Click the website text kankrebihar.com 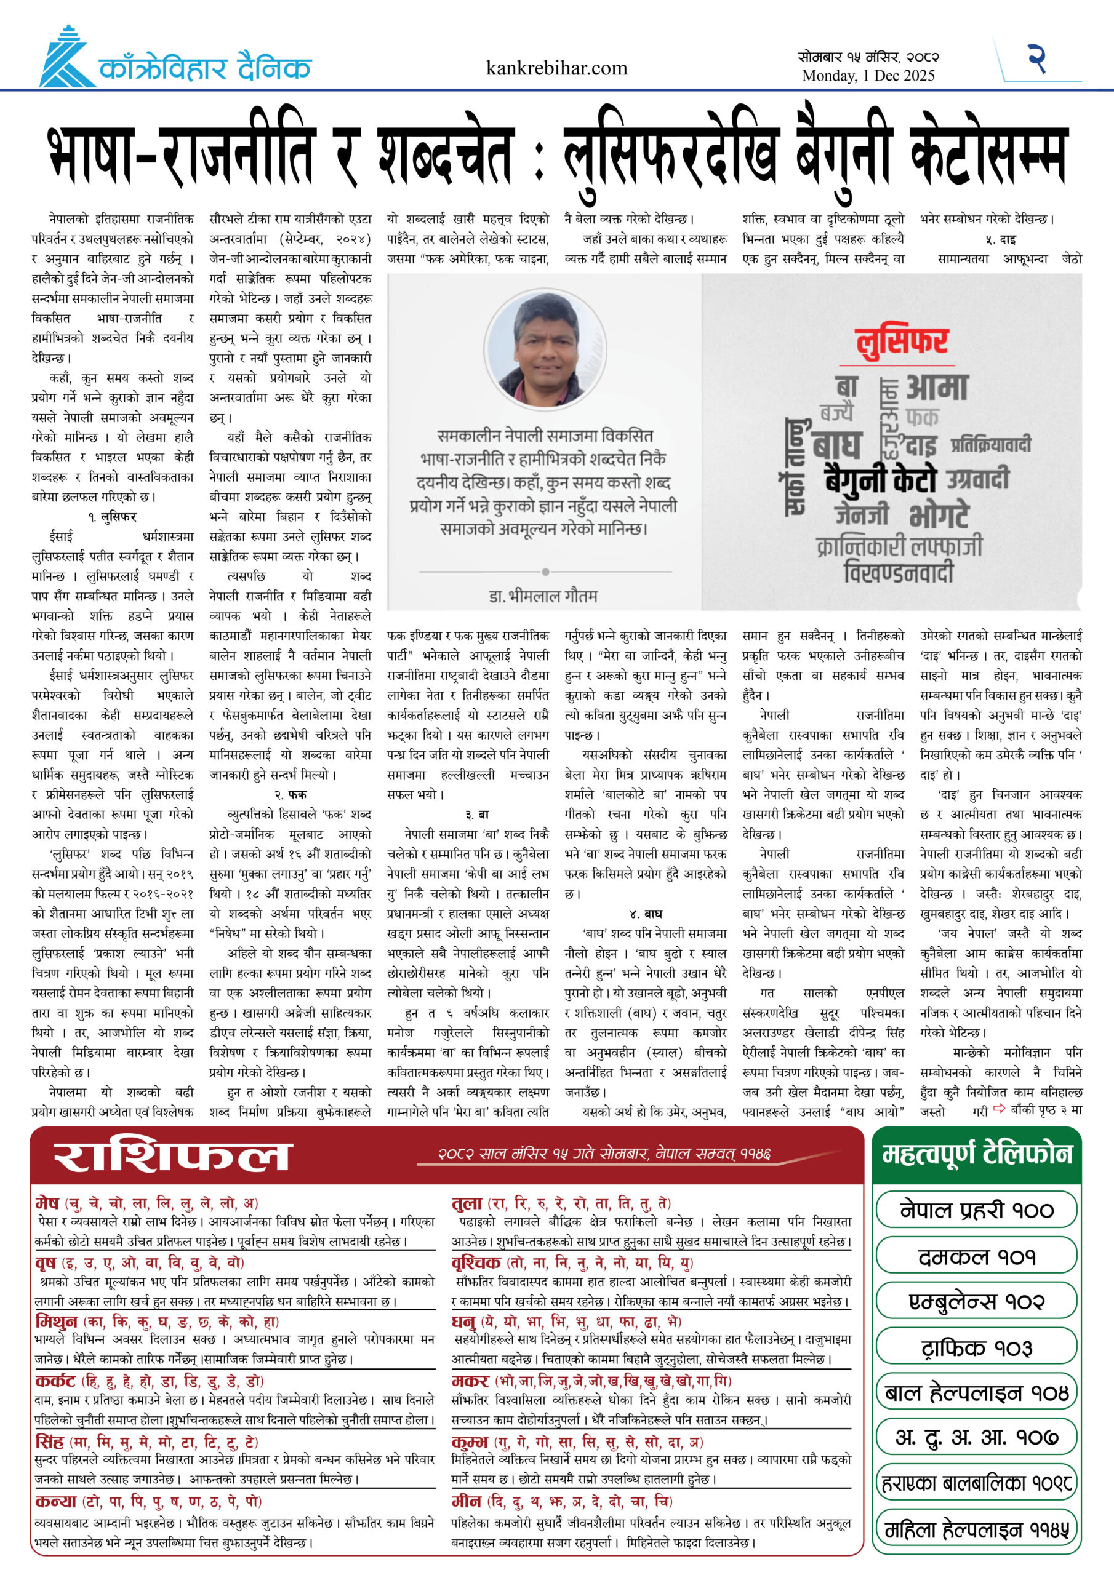coord(556,68)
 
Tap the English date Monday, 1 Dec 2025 coord(868,76)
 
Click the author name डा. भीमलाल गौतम coord(543,596)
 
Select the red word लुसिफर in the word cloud coord(901,341)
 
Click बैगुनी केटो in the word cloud coord(882,479)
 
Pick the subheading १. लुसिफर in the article coord(113,517)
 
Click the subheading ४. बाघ coord(645,914)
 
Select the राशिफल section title coord(173,1157)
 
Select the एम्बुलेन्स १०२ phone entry coord(976,1301)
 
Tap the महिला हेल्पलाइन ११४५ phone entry coord(976,1529)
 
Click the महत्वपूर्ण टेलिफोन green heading coord(976,1156)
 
